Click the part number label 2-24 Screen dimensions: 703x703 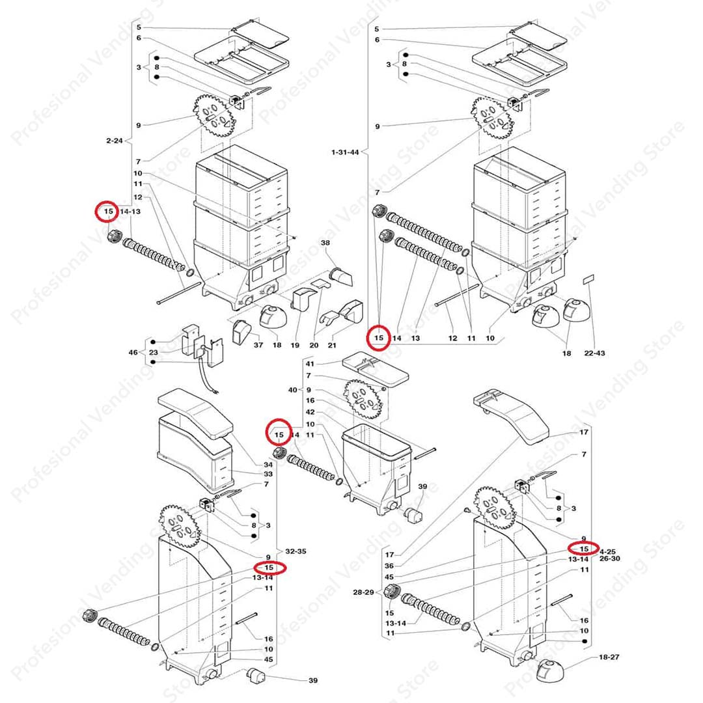point(115,141)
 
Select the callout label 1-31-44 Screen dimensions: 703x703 point(345,152)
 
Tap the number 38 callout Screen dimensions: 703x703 point(325,243)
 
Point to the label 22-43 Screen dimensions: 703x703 point(594,353)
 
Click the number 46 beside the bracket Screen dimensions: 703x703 point(133,352)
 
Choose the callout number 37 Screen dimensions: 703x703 point(258,345)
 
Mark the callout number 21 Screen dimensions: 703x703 point(332,345)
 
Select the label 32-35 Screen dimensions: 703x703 point(296,551)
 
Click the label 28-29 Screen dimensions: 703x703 point(363,592)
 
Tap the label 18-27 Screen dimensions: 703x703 point(609,657)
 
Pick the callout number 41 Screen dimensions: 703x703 point(310,364)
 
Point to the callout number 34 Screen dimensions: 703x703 point(268,465)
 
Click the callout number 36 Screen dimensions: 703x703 point(389,566)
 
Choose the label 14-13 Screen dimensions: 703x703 point(130,211)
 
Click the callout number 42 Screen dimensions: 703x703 point(310,412)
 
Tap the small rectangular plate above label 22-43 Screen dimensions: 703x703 point(589,279)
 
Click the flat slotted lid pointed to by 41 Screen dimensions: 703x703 point(376,368)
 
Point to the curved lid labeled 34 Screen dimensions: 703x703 point(196,413)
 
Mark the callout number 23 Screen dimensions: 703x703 point(154,352)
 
